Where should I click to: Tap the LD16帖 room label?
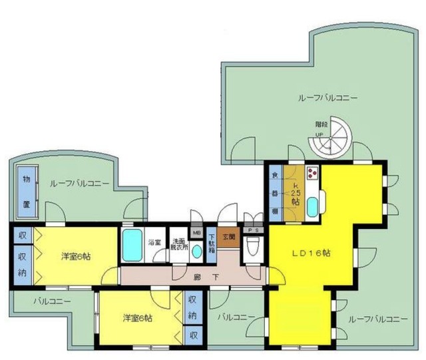pyautogui.click(x=312, y=254)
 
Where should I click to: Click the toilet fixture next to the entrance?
pyautogui.click(x=253, y=250)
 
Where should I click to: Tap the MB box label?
pyautogui.click(x=196, y=233)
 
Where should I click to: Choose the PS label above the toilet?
pyautogui.click(x=253, y=230)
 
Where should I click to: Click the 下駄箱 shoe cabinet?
pyautogui.click(x=212, y=246)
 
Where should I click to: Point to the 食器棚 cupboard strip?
pyautogui.click(x=275, y=192)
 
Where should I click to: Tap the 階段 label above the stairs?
pyautogui.click(x=322, y=124)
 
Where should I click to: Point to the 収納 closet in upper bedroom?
pyautogui.click(x=22, y=262)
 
